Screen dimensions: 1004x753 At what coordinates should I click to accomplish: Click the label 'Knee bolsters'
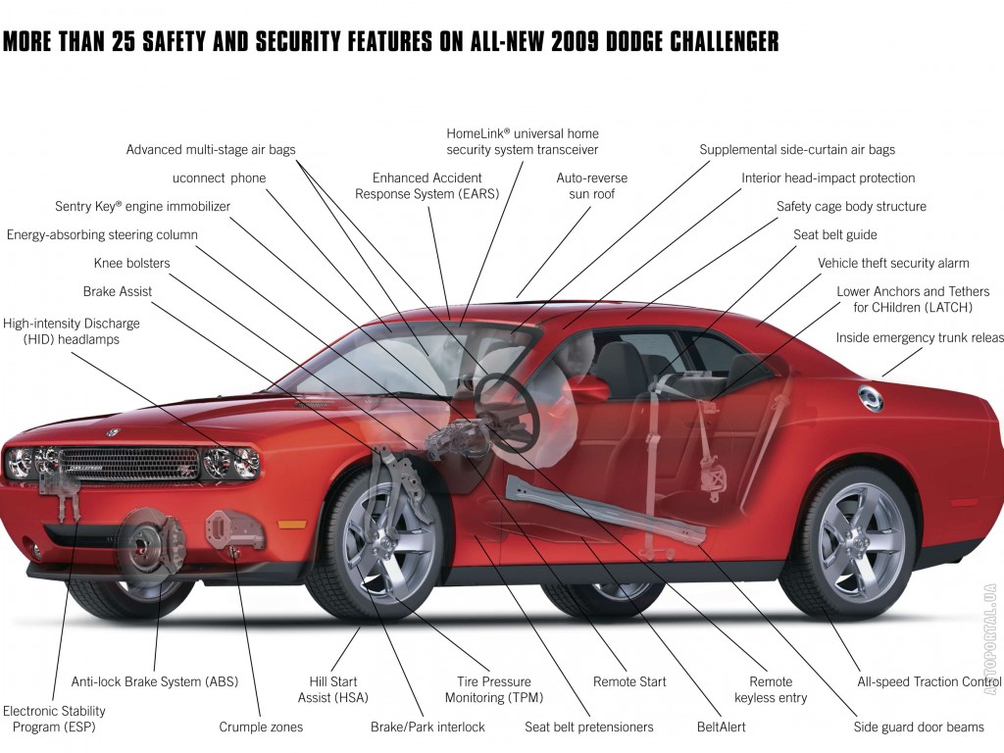pos(132,263)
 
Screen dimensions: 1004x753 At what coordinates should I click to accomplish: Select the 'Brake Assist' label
pos(118,291)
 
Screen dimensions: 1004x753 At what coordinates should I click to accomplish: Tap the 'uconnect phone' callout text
pos(219,178)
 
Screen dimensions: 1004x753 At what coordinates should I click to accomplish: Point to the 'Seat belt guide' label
pos(835,235)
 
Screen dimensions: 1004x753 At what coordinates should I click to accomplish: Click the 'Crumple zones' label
pos(261,727)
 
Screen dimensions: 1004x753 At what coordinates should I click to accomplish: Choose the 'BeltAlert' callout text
pos(721,727)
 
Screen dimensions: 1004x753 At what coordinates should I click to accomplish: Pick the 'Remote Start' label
pos(629,682)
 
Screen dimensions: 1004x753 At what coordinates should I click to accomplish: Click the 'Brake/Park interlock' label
pos(427,727)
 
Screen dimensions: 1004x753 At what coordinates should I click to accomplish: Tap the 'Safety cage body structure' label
pos(851,206)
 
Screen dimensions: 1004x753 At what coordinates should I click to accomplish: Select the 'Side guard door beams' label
pos(919,727)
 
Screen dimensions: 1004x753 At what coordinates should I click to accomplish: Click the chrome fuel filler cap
pos(871,399)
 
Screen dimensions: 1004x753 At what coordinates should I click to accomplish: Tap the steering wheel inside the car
pos(506,410)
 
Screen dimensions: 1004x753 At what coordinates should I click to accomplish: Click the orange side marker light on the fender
pos(292,525)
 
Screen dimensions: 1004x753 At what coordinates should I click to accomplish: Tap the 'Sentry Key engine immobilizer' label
pos(142,206)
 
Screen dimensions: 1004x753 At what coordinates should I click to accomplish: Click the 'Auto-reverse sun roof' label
pos(591,185)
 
